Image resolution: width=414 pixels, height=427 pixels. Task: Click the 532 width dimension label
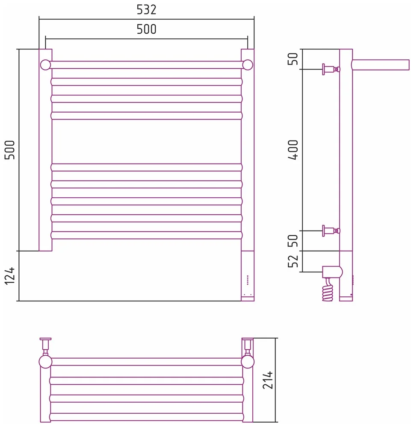[146, 10]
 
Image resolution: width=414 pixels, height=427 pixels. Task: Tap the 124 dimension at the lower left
[10, 276]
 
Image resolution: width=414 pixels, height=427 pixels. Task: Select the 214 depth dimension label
[268, 380]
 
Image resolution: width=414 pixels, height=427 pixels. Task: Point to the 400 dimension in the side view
[293, 150]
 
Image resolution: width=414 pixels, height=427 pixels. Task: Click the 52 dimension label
[293, 261]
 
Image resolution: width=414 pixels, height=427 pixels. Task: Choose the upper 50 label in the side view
[293, 59]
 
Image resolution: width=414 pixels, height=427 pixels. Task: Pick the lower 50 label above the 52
[293, 240]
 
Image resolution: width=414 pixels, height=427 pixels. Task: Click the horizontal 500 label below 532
[146, 29]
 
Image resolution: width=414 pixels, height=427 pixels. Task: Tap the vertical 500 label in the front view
[10, 150]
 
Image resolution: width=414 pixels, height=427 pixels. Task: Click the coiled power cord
[328, 290]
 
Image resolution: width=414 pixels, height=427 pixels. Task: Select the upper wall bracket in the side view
[331, 69]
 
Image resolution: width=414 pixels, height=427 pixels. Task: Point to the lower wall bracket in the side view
[331, 231]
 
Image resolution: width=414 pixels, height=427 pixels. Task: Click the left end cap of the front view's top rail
[45, 65]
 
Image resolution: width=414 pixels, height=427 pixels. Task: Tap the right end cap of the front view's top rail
[248, 65]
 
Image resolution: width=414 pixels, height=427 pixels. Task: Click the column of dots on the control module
[248, 280]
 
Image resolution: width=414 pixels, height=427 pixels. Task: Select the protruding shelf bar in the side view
[381, 65]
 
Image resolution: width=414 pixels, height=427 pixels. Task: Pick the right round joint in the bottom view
[248, 362]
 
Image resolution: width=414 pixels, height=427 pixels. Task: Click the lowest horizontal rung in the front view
[146, 235]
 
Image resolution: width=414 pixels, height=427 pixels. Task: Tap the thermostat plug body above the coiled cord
[332, 272]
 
